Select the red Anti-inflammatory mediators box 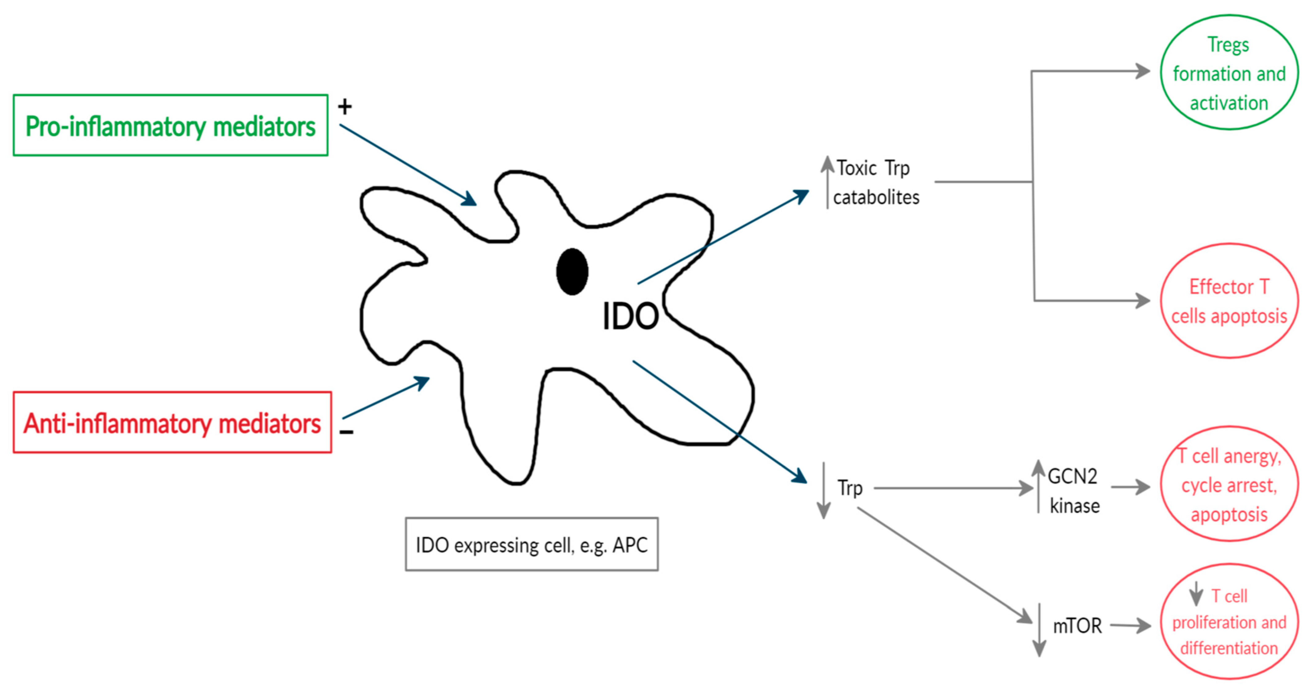click(172, 422)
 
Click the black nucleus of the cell click(572, 272)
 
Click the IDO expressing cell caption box click(531, 544)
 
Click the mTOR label click(1077, 626)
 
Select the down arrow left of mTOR click(1039, 630)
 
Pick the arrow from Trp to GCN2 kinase click(952, 488)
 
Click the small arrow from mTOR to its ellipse click(1131, 625)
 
